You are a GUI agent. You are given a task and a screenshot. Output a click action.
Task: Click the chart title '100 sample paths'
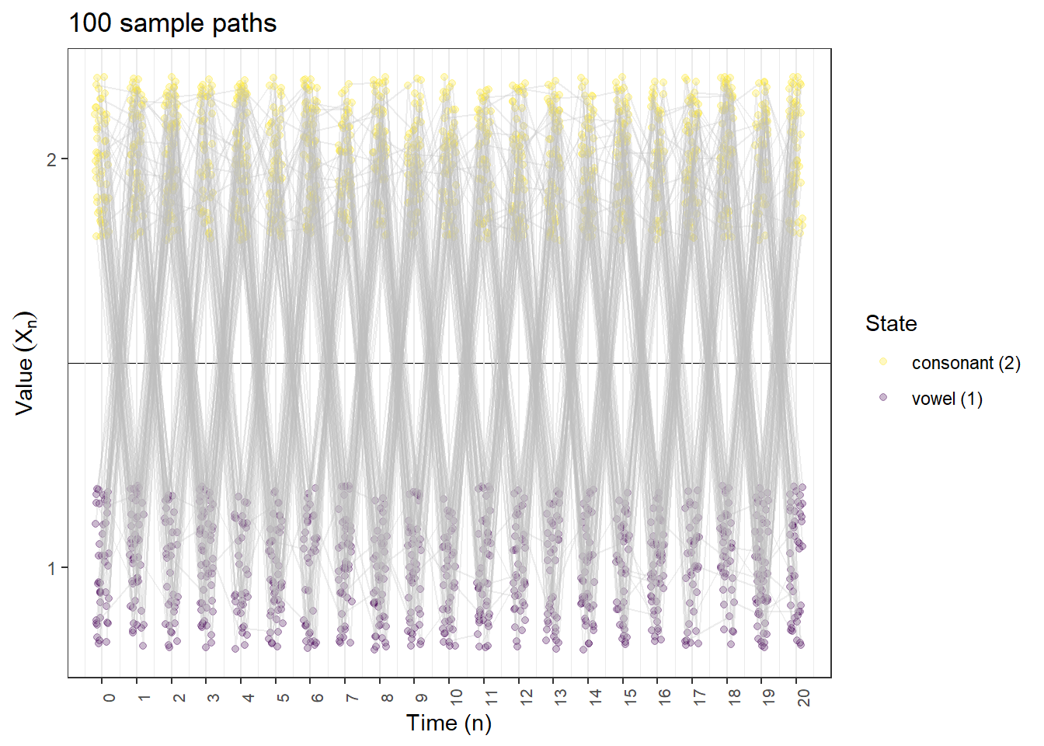point(172,23)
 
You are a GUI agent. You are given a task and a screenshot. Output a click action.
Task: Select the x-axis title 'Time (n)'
point(448,723)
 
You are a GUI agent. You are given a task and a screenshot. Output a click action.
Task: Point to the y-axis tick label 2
point(51,160)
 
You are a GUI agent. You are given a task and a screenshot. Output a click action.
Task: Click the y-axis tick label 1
point(51,568)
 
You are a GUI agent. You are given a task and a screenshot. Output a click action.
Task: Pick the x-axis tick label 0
point(109,698)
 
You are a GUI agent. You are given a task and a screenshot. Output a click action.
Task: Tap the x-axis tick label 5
point(283,698)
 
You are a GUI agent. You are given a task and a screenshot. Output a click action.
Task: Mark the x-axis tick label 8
point(387,698)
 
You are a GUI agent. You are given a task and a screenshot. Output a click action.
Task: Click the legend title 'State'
point(891,323)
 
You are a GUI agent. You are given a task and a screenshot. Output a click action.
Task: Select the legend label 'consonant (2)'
point(966,363)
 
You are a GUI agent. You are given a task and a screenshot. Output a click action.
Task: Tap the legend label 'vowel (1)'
point(947,399)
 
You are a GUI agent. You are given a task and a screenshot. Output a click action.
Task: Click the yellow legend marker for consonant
point(883,361)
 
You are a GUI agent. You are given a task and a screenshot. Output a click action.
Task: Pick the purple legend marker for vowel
point(883,397)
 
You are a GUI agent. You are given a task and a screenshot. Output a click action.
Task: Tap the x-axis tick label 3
point(213,698)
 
